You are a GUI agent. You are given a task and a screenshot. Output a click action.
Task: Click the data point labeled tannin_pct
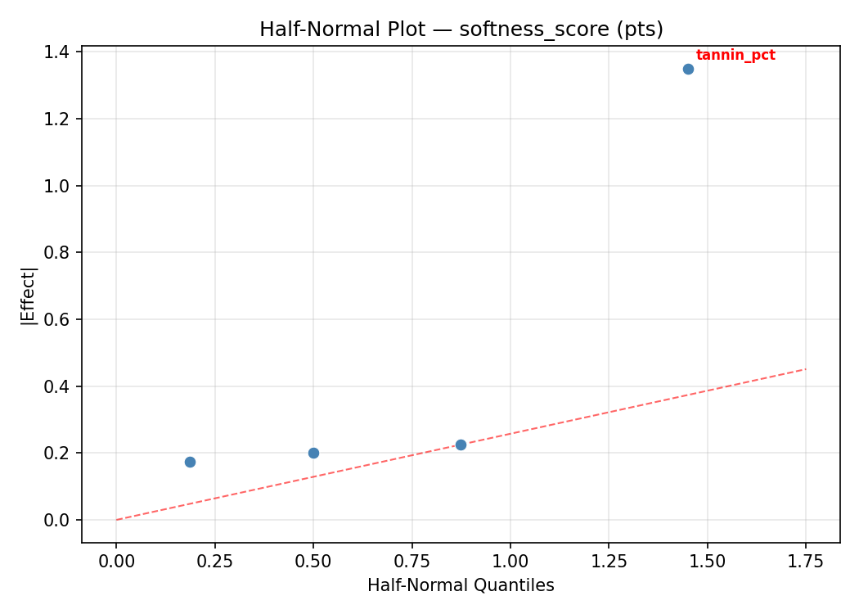[688, 69]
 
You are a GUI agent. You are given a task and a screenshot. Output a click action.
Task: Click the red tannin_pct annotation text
[735, 56]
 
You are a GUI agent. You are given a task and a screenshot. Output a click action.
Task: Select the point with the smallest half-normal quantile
[190, 462]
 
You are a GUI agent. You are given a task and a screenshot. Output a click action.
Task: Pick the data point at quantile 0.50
[313, 453]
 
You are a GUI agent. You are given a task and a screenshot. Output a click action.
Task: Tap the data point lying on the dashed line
[461, 445]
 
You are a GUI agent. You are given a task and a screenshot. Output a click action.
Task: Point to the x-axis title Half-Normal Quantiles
[461, 585]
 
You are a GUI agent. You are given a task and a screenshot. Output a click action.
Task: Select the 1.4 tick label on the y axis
[61, 52]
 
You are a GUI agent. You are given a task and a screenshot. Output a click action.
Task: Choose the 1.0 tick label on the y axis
[61, 186]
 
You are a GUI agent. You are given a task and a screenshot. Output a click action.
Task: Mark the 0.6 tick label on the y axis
[61, 319]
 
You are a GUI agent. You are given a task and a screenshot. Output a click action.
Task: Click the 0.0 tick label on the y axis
[61, 520]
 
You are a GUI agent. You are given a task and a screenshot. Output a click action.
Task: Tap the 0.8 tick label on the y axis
[61, 253]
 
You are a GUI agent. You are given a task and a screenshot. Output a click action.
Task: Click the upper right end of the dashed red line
[806, 368]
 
